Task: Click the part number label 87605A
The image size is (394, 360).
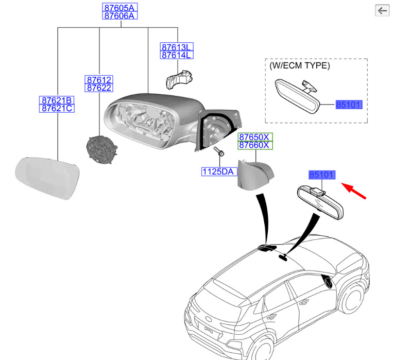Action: (119, 8)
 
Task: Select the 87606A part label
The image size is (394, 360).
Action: (119, 16)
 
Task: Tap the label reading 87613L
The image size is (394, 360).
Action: (176, 47)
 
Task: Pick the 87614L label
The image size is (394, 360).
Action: (176, 55)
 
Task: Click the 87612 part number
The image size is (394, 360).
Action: (99, 80)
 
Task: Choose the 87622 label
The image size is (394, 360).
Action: (99, 88)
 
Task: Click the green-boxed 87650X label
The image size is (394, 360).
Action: (254, 137)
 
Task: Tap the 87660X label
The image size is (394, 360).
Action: (254, 145)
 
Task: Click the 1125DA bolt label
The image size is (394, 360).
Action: (218, 172)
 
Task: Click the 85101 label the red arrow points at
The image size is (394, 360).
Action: (322, 175)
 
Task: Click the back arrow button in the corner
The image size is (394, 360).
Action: (382, 10)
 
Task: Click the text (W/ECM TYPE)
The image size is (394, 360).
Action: (300, 66)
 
